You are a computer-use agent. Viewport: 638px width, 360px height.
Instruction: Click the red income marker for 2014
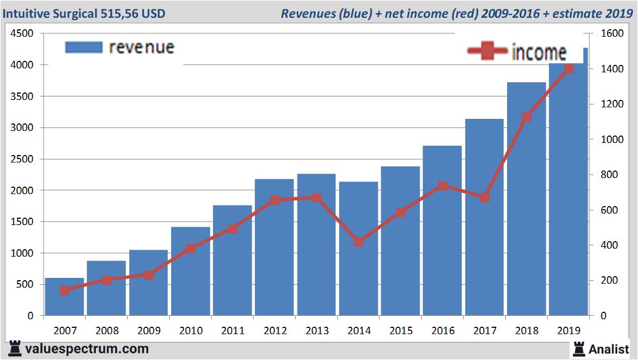click(358, 242)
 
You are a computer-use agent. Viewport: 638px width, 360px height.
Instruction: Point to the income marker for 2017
click(484, 198)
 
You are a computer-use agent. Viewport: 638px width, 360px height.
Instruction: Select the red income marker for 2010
click(191, 249)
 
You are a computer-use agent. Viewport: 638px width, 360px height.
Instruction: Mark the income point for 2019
click(569, 68)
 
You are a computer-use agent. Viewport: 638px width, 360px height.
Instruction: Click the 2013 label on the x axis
click(316, 331)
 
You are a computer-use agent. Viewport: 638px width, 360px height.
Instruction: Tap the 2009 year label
click(149, 331)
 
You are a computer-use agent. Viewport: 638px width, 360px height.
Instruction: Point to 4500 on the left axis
click(22, 34)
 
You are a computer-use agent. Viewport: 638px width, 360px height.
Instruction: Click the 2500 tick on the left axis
click(22, 159)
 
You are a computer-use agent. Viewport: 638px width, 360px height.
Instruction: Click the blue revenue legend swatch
click(84, 47)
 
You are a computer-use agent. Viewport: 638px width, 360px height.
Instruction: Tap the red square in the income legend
click(488, 52)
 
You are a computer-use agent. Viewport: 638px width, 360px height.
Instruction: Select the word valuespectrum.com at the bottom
click(87, 349)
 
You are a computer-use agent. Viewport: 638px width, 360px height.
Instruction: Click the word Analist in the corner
click(610, 349)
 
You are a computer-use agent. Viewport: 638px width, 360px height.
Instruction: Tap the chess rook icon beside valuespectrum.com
click(15, 349)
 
